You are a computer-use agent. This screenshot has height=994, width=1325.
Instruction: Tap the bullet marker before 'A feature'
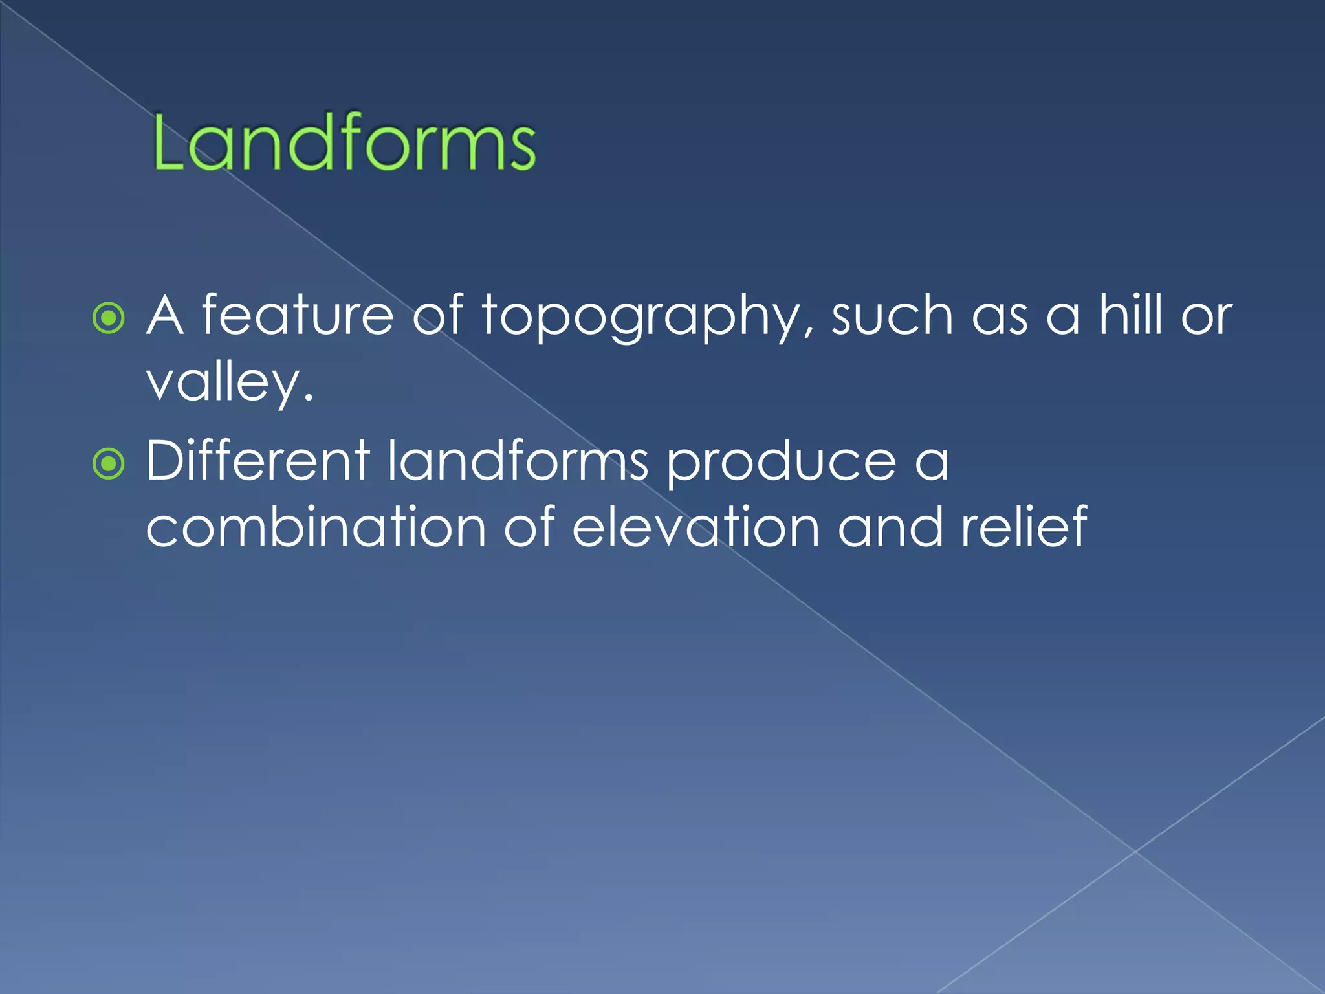(x=108, y=318)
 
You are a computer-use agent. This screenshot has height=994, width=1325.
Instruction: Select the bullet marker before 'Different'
(x=108, y=463)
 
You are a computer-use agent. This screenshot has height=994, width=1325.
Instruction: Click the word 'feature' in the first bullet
(x=298, y=315)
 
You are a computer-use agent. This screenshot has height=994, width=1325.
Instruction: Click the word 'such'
(x=892, y=315)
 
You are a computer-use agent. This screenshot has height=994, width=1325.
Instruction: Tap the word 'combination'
(x=316, y=527)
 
